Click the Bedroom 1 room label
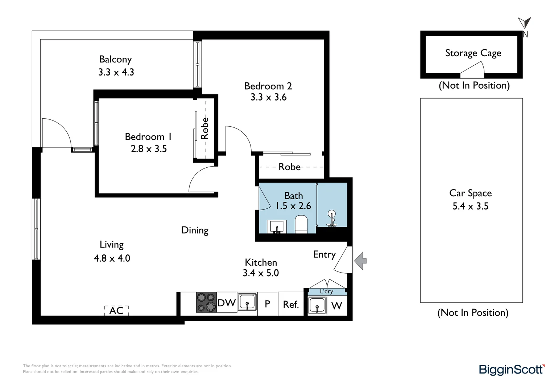coord(148,136)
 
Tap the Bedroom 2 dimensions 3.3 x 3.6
coord(268,97)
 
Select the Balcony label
coord(115,59)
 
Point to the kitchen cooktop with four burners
coord(206,302)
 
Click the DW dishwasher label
coord(227,303)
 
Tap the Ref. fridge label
coord(291,304)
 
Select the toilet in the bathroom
coord(301,224)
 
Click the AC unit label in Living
coord(116,311)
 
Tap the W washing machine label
coord(336,306)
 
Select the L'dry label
coord(326,291)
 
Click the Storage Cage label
coord(473,53)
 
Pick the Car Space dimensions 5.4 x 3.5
coord(470,206)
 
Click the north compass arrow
coord(525,23)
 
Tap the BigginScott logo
coord(511,369)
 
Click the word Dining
coord(195,230)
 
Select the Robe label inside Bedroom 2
coord(289,167)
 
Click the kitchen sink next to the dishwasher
coord(247,302)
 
